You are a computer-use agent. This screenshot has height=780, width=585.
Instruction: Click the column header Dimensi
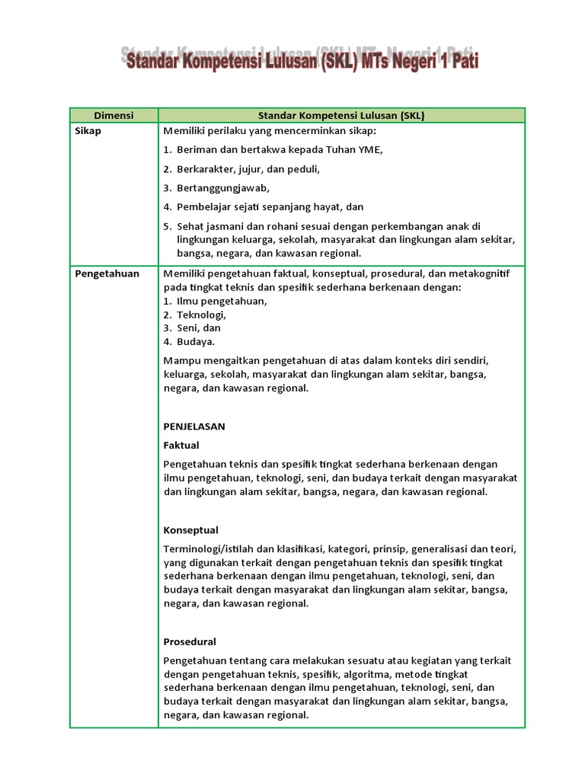pos(113,116)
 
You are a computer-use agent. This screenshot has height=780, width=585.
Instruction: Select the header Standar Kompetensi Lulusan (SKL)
pos(340,116)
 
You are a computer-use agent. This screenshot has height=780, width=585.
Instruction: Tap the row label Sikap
pos(88,130)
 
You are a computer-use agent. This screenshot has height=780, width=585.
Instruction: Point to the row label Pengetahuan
pos(107,273)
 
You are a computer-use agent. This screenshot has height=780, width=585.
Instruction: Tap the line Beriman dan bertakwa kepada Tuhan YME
pos(280,149)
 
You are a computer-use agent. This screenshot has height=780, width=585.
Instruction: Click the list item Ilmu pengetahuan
pos(222,301)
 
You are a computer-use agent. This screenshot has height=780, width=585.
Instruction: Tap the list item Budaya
pos(196,342)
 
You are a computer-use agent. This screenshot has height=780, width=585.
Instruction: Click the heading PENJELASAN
pos(194,427)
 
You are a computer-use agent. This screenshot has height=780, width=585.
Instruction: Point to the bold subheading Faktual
pos(181,445)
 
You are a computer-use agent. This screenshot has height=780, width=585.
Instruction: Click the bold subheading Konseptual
pos(191,530)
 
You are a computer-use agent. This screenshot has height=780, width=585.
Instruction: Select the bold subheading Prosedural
pos(190,641)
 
